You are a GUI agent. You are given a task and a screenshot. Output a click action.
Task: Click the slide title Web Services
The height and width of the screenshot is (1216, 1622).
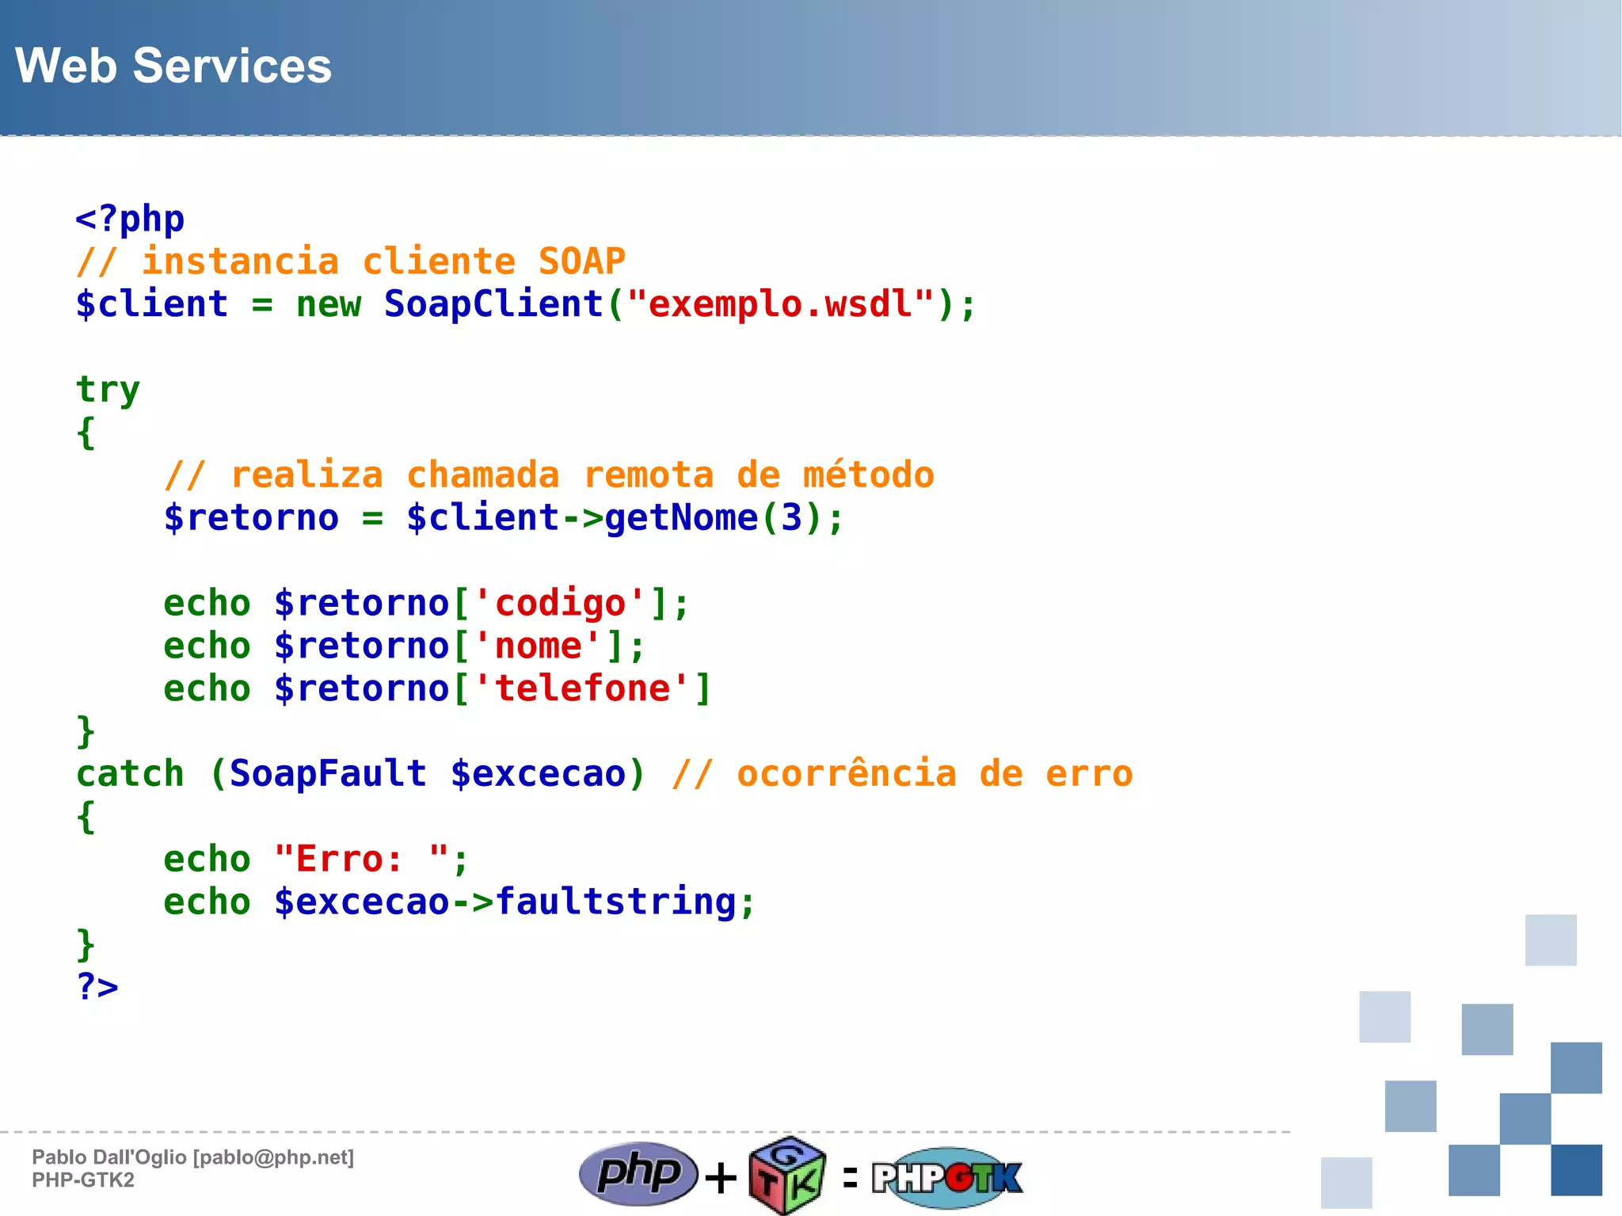click(173, 66)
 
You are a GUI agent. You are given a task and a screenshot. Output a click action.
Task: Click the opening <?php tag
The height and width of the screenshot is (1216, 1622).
click(130, 219)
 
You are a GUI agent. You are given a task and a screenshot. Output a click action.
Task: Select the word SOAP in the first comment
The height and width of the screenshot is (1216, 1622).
click(581, 261)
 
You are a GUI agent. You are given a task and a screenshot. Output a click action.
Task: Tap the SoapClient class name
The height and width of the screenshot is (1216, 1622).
click(493, 304)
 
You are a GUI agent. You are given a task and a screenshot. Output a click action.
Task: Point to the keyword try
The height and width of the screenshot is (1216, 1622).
click(108, 390)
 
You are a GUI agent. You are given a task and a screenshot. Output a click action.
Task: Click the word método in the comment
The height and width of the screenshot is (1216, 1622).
click(868, 475)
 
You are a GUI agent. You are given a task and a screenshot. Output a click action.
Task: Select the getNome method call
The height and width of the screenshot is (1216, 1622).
click(681, 518)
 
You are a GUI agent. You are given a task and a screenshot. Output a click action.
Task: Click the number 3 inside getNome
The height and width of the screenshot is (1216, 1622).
click(791, 518)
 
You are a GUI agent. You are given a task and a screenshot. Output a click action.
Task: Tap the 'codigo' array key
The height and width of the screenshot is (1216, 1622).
click(560, 604)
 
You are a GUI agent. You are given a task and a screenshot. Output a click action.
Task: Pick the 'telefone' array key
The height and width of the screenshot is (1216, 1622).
click(582, 688)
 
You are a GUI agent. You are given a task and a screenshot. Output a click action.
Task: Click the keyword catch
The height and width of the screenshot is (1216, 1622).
click(130, 774)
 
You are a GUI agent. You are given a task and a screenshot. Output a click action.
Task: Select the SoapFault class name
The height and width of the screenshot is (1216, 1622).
click(328, 774)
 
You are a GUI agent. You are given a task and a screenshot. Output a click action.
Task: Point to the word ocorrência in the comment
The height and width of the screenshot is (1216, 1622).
click(846, 774)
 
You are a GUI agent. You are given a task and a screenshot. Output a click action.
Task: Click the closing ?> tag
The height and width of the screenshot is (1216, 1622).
click(97, 987)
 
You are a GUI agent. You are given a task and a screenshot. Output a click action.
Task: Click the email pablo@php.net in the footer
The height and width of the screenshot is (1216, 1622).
click(273, 1157)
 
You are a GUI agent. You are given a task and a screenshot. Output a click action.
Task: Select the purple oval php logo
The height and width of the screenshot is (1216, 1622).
click(638, 1174)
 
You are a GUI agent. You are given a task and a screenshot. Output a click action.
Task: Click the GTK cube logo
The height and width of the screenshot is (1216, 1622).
click(787, 1176)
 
